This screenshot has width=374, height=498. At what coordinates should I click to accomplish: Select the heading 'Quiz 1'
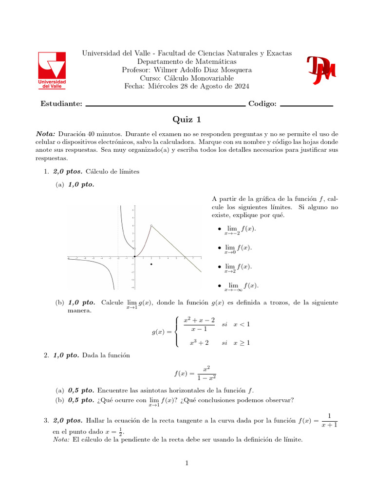click(x=187, y=120)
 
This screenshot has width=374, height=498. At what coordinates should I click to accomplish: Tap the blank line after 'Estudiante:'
click(x=165, y=105)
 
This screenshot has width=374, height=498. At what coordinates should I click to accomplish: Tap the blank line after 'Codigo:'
click(x=306, y=105)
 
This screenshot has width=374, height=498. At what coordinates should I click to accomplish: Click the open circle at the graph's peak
click(x=152, y=226)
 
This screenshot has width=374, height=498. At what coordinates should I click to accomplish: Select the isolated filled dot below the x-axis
click(x=152, y=264)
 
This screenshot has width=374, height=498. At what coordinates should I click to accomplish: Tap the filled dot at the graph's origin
click(x=135, y=256)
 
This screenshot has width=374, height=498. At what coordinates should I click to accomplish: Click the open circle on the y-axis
click(x=135, y=249)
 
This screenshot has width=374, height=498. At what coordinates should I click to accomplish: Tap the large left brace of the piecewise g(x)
click(x=176, y=332)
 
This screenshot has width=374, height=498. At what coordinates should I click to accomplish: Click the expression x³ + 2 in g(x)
click(x=199, y=343)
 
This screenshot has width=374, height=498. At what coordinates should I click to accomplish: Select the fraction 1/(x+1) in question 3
click(x=330, y=420)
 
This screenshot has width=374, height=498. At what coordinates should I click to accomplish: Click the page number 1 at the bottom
click(x=187, y=463)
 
